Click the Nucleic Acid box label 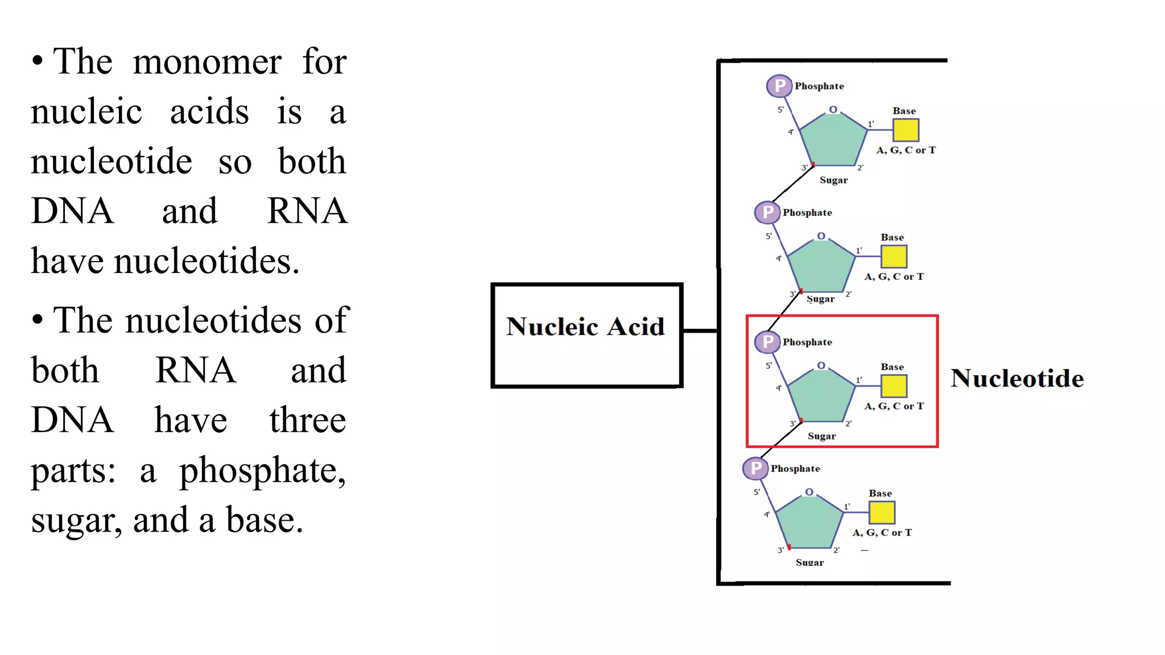(x=585, y=327)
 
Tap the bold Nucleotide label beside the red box (x=1017, y=379)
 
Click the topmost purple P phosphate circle (x=779, y=86)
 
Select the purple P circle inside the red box (x=767, y=342)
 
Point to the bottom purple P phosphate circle (x=755, y=469)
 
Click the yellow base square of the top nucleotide (x=906, y=130)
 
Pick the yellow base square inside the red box (x=894, y=386)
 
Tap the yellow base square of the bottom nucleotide (x=882, y=512)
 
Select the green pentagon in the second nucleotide (x=821, y=267)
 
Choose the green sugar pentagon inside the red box (x=821, y=396)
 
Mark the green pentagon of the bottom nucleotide (x=809, y=523)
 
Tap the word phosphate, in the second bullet (x=262, y=471)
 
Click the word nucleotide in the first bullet (x=111, y=161)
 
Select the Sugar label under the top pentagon (x=833, y=180)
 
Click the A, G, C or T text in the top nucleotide (x=906, y=150)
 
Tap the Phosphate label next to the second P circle (x=807, y=213)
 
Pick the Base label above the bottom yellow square (x=880, y=494)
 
